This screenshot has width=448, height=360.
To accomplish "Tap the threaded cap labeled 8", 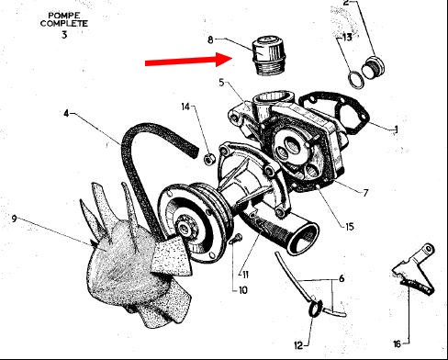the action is (x=268, y=55).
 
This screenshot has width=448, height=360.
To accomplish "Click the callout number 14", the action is (x=185, y=107).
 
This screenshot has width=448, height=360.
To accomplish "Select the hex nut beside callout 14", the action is (x=209, y=159).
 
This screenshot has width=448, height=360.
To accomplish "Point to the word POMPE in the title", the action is (x=64, y=16).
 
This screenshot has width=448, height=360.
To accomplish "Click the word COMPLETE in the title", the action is (x=64, y=23).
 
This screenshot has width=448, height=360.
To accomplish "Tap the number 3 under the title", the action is (x=64, y=35).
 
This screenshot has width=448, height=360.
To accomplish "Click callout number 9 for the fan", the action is (x=14, y=219).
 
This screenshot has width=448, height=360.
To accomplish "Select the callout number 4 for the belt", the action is (x=66, y=114).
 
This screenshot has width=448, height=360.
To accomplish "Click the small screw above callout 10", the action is (x=236, y=239).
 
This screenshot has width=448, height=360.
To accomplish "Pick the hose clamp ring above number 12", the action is (x=316, y=308).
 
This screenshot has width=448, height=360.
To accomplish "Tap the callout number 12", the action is (x=298, y=345).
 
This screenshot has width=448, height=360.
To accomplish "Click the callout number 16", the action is (x=397, y=344).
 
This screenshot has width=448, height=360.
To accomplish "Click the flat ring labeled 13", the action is (x=356, y=80).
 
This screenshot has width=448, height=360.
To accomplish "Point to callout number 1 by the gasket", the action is (x=397, y=129).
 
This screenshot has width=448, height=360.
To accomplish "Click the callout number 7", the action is (x=365, y=193).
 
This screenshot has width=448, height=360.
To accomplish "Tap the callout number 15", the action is (x=350, y=227).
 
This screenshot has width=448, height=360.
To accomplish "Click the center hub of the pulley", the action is (x=185, y=228).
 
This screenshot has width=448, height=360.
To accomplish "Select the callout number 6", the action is (x=342, y=278).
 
